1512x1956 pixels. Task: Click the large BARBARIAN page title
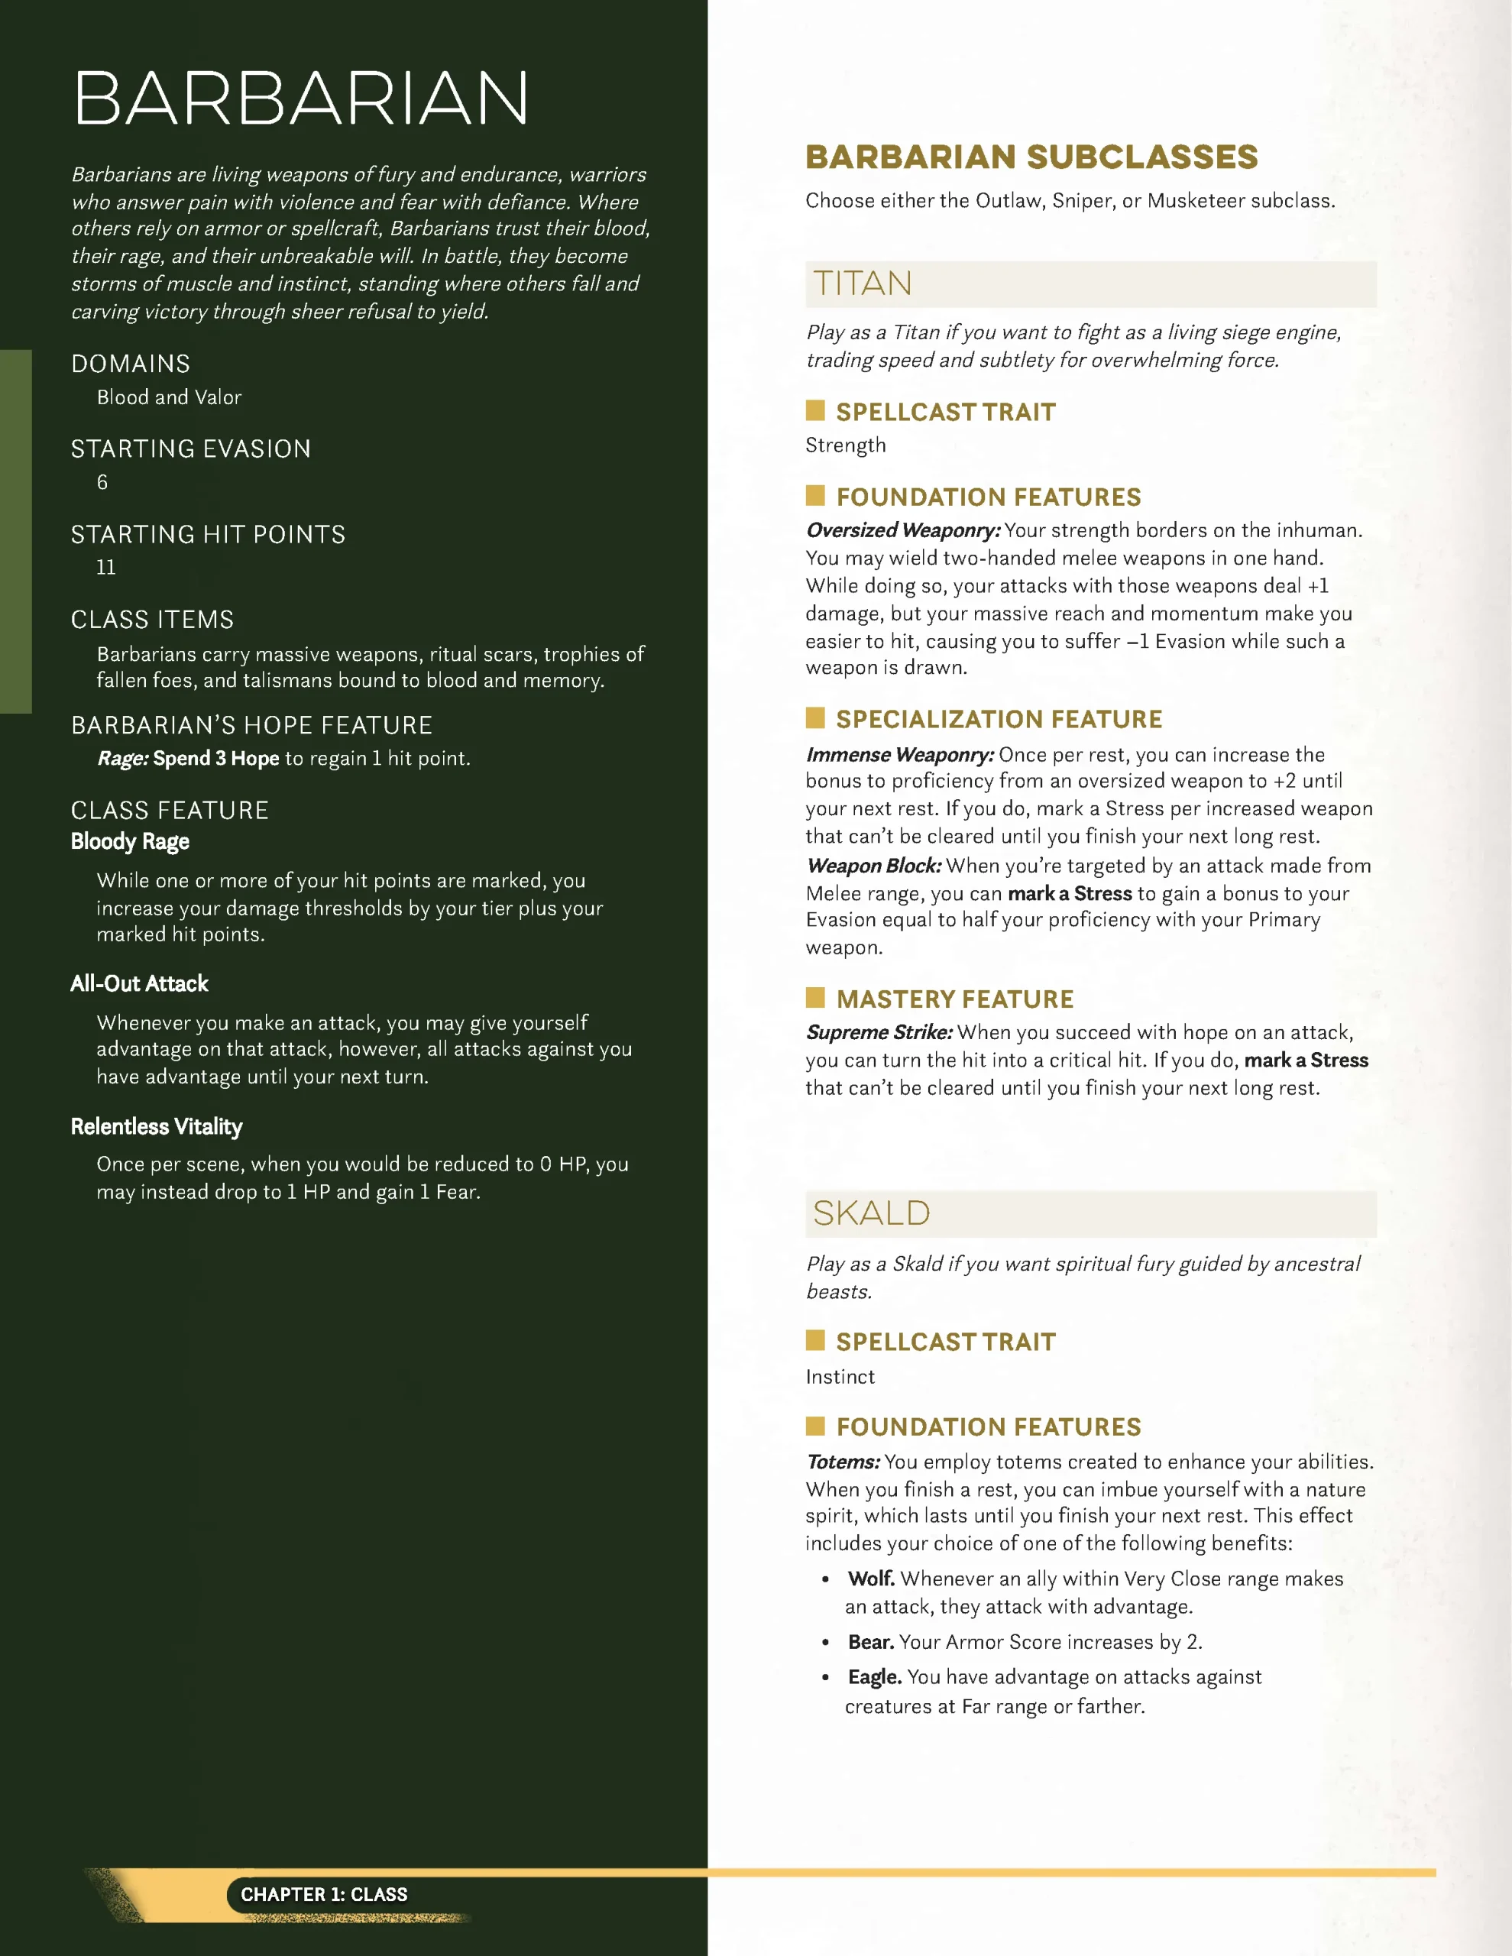[x=301, y=99]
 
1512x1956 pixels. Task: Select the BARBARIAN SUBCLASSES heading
[x=1031, y=157]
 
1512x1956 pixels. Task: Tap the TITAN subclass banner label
[x=863, y=284]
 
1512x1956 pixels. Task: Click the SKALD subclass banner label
[x=872, y=1213]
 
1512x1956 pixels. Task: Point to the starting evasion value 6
[x=102, y=483]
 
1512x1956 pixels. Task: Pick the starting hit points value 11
[x=105, y=567]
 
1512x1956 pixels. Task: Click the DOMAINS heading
[x=131, y=364]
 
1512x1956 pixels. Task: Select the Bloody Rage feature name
[x=130, y=842]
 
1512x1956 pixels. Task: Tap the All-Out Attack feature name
[x=139, y=983]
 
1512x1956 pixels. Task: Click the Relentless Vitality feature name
[x=157, y=1127]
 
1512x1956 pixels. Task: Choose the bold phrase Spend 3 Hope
[x=216, y=759]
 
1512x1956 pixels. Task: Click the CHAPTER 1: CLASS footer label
[x=324, y=1894]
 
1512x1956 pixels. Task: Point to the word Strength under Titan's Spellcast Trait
[x=846, y=445]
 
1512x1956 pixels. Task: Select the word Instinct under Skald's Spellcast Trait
[x=840, y=1377]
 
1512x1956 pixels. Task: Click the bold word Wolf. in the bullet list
[x=871, y=1579]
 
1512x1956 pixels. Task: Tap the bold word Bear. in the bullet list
[x=871, y=1642]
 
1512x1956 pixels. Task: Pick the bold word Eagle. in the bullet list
[x=874, y=1676]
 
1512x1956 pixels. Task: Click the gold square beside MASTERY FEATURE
[x=815, y=998]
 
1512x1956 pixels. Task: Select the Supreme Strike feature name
[x=879, y=1033]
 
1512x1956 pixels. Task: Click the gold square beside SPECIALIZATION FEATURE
[x=815, y=717]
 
